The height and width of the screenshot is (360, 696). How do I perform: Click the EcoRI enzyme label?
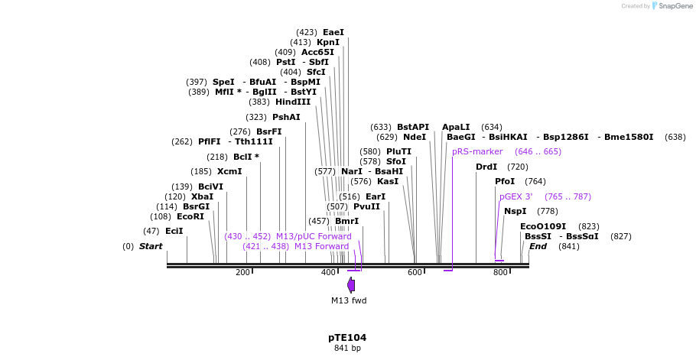(x=190, y=216)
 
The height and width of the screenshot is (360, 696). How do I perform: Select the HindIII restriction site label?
(x=293, y=102)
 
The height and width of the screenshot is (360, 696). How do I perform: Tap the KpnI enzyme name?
(x=328, y=42)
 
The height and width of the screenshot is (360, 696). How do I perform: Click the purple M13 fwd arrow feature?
(x=351, y=285)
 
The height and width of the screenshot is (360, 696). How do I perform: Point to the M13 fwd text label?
(x=349, y=300)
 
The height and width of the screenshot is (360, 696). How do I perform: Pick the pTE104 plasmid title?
(x=347, y=337)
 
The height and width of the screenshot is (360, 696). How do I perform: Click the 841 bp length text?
(x=347, y=349)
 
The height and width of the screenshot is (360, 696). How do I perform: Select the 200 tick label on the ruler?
(x=242, y=273)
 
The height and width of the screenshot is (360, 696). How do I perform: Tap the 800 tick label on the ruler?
(x=500, y=273)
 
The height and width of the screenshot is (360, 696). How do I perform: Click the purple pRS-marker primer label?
(x=477, y=151)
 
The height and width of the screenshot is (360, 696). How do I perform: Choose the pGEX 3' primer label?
(x=516, y=196)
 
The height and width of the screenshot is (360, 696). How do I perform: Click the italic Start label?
(x=151, y=246)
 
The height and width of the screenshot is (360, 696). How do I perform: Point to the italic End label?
(x=538, y=246)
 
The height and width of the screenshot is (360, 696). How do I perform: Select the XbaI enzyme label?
(x=203, y=196)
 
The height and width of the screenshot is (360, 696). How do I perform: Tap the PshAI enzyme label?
(x=286, y=117)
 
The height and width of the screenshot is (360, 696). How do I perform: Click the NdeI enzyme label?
(x=415, y=137)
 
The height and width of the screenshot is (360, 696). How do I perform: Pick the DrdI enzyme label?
(x=486, y=167)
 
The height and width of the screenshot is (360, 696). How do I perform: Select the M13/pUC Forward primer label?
(x=314, y=236)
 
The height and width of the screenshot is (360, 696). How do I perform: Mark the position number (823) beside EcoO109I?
(x=588, y=226)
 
